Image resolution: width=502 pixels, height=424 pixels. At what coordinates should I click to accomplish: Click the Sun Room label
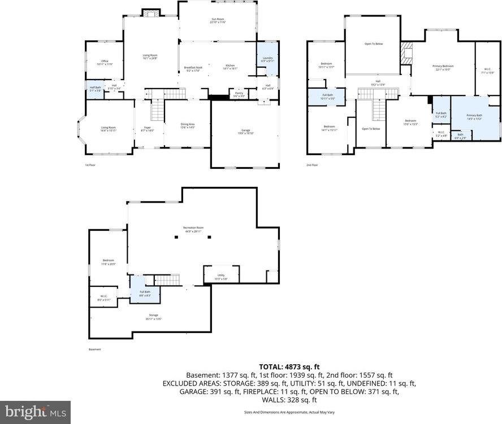coord(218,20)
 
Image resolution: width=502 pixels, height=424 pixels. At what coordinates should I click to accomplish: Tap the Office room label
coord(105,63)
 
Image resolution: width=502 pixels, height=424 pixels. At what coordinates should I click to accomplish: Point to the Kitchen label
coord(231,67)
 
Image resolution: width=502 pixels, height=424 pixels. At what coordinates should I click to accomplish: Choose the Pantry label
coord(240,94)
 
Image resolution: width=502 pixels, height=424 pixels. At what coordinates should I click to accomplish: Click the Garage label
coord(245,132)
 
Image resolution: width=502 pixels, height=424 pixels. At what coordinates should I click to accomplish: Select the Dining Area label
coord(187,126)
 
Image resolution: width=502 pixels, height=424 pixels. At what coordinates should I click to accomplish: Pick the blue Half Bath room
coord(95,90)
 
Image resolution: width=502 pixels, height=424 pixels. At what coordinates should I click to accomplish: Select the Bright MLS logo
coord(35,412)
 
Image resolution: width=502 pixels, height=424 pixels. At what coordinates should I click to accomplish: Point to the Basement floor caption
coord(94,349)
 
